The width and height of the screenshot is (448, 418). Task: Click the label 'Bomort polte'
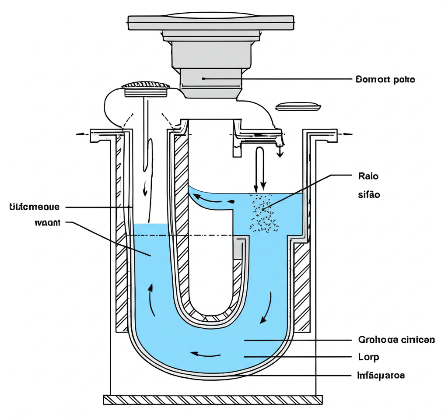click(385, 80)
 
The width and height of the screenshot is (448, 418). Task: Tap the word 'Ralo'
click(367, 176)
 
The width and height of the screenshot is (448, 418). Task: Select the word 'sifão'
click(368, 195)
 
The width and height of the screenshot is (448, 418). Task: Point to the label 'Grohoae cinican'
click(396, 340)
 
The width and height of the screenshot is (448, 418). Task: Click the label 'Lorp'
click(368, 357)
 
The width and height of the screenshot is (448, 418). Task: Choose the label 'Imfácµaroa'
click(381, 375)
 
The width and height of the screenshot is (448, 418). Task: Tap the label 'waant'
click(46, 222)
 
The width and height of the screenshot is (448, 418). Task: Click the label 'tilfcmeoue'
click(34, 206)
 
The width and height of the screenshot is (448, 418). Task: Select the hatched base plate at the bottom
click(213, 400)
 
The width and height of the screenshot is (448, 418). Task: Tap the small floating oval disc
click(299, 106)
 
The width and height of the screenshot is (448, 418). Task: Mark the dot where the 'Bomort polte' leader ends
click(203, 79)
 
